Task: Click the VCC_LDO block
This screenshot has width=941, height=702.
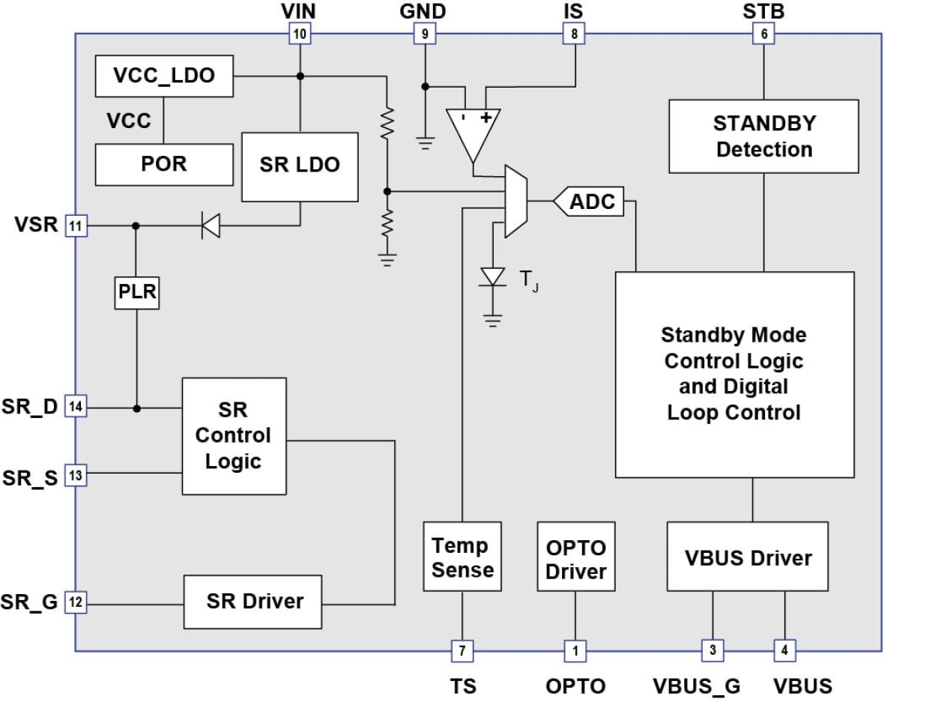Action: [x=164, y=76]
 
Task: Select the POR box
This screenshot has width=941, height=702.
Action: [x=164, y=164]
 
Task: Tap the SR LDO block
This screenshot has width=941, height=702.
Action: [x=300, y=166]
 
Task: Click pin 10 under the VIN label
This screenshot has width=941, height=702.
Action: [x=300, y=33]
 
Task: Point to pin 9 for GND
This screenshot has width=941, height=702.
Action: [x=425, y=33]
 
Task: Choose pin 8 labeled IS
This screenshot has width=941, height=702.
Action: [x=574, y=33]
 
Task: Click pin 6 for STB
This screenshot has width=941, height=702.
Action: [x=763, y=33]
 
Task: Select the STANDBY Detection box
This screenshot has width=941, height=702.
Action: [x=763, y=136]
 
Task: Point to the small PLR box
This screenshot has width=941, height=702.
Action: [x=137, y=292]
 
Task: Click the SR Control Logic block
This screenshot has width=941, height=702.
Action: [x=234, y=435]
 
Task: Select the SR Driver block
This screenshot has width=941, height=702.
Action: [x=253, y=601]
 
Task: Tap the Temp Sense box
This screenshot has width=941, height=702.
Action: [x=462, y=557]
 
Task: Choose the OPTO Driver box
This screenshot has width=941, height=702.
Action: [x=575, y=557]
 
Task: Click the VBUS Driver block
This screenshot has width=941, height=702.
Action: [x=747, y=557]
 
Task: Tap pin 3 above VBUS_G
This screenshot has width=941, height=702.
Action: [x=712, y=650]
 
